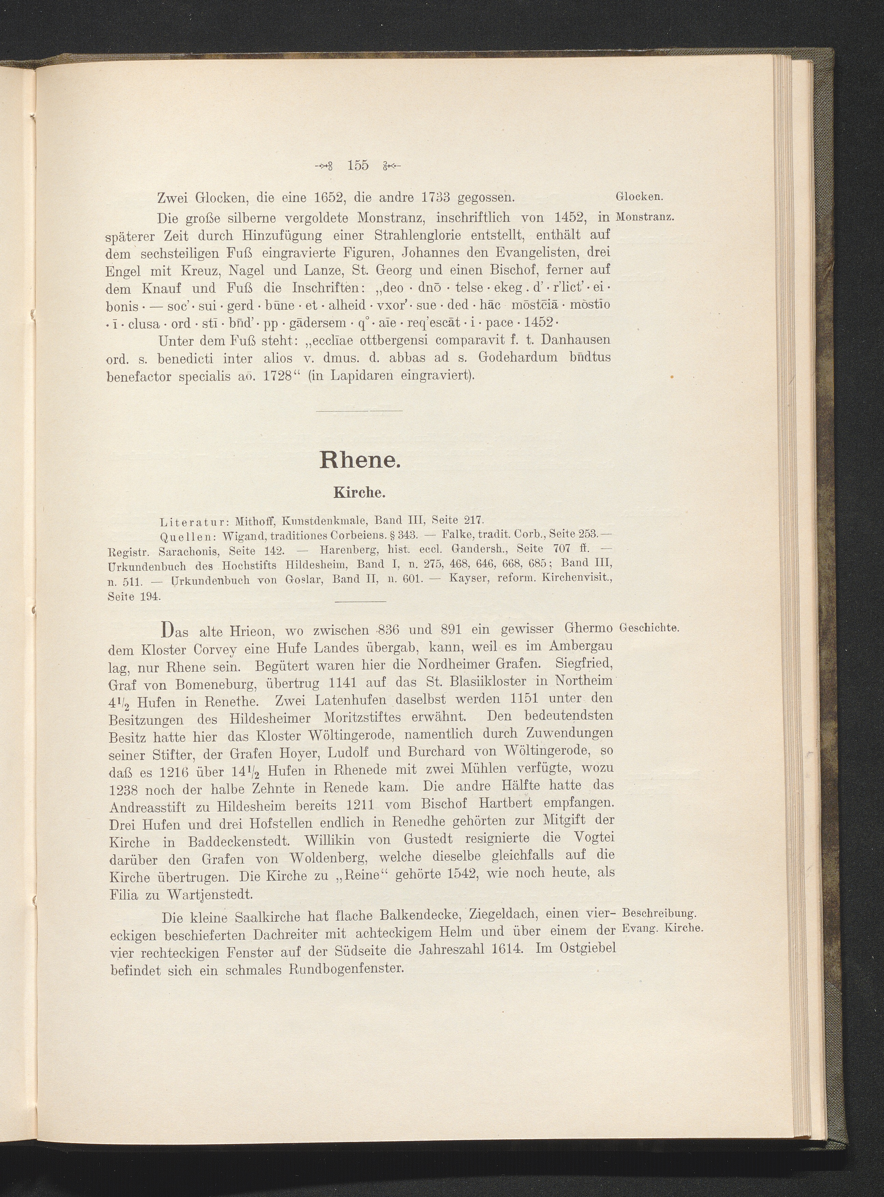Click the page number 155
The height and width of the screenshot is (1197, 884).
coord(357,165)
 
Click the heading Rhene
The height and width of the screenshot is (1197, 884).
coord(360,460)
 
